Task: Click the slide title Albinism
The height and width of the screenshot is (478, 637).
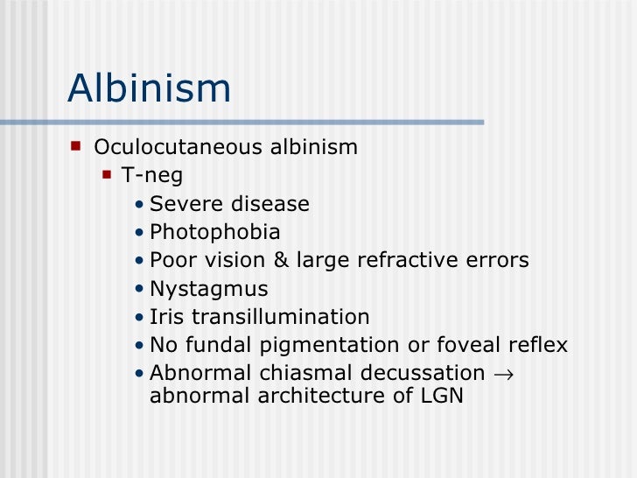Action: coord(149,88)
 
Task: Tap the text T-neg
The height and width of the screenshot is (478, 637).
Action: coord(152,176)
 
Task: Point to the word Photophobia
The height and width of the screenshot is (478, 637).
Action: coord(215,233)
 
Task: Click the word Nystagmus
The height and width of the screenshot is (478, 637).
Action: coord(209,289)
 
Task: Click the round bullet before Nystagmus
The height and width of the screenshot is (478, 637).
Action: coord(141,290)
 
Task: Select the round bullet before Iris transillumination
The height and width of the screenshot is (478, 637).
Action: coord(141,318)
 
